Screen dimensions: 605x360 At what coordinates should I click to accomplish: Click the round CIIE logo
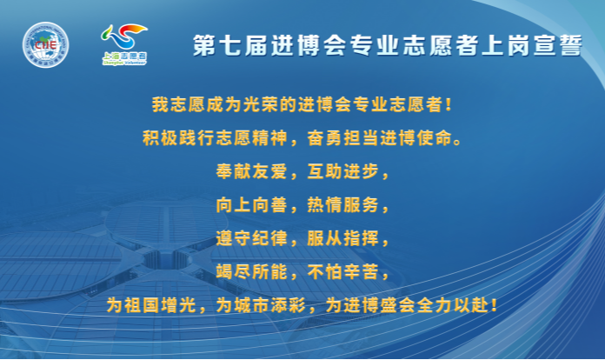coord(45,44)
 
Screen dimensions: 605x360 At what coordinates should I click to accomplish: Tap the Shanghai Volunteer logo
coord(124,44)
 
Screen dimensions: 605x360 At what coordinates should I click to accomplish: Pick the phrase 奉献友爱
coord(251,171)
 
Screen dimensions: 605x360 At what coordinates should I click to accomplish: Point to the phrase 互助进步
coord(343,171)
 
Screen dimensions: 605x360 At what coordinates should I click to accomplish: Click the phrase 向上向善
coord(251,205)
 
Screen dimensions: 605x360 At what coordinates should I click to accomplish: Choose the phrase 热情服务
coord(343,205)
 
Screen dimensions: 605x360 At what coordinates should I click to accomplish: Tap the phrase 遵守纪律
coord(251,238)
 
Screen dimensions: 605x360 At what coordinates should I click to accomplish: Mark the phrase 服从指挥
coord(343,238)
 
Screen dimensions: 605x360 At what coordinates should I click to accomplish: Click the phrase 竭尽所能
coord(251,271)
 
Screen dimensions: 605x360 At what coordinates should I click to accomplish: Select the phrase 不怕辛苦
coord(343,271)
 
